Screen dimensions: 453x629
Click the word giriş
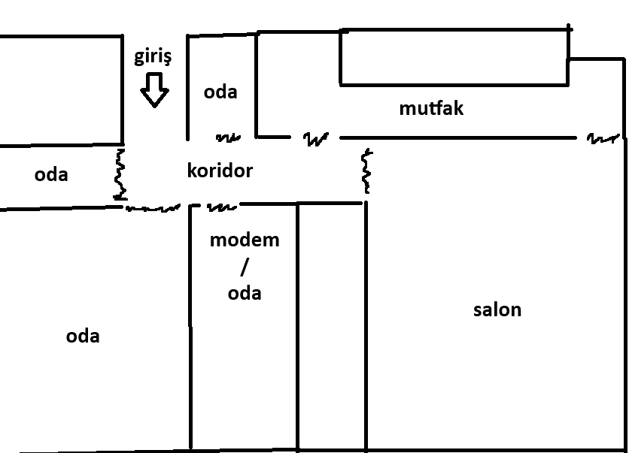tap(153, 57)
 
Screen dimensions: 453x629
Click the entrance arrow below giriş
tap(156, 89)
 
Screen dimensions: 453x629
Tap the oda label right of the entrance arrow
tap(220, 92)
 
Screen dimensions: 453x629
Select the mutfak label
tap(431, 108)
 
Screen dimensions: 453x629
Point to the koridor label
tap(220, 171)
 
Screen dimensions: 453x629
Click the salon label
tap(497, 310)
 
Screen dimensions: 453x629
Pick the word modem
tap(245, 240)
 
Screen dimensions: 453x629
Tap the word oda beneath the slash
tap(245, 292)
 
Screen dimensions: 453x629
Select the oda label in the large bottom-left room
tap(83, 336)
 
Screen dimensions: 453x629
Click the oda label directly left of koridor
tap(51, 174)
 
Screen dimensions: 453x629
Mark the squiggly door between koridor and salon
tap(367, 171)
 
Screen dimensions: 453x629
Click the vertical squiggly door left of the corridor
tap(119, 174)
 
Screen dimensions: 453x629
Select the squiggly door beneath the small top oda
tap(228, 138)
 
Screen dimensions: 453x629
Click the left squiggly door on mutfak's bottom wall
tap(316, 139)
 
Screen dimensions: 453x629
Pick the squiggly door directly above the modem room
tap(222, 206)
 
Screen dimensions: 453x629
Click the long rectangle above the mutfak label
tap(454, 57)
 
